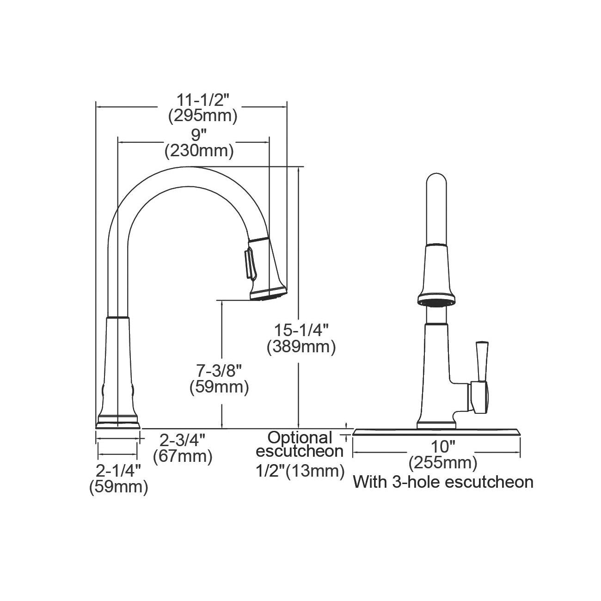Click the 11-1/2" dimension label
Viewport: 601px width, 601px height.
[x=203, y=100]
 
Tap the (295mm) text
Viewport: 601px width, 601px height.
[x=203, y=116]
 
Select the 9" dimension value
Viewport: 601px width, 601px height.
[x=199, y=135]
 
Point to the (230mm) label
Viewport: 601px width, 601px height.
[x=199, y=151]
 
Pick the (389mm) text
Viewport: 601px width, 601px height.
[x=301, y=347]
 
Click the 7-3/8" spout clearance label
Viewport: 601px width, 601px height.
[x=219, y=371]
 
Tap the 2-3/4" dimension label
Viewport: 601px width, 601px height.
[x=183, y=441]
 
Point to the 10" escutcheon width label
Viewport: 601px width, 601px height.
[x=443, y=447]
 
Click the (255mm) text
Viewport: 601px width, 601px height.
[x=443, y=463]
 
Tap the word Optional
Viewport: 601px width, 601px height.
[x=300, y=438]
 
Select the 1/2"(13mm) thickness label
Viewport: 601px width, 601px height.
[x=300, y=471]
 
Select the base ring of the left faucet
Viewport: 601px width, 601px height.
[x=118, y=422]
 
